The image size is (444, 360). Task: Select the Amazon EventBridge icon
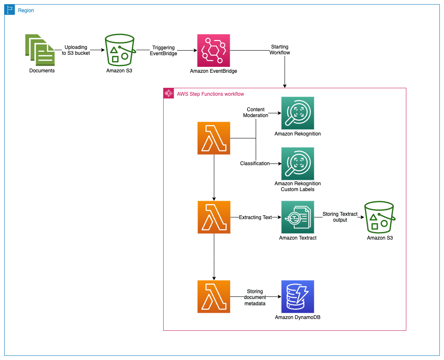[x=213, y=50]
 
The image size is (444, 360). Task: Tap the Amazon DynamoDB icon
[x=298, y=296]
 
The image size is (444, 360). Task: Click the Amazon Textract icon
[x=298, y=217]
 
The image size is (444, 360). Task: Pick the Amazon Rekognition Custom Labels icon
[x=298, y=163]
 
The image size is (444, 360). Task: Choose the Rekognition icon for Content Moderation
[x=298, y=113]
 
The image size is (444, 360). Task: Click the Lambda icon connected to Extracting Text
[x=214, y=217]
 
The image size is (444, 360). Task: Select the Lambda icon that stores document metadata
[x=214, y=296]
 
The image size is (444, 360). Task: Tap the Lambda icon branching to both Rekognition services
[x=214, y=138]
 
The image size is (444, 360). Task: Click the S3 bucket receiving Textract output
[x=380, y=217]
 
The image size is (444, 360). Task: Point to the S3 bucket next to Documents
[x=120, y=50]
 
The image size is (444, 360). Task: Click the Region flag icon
[x=10, y=10]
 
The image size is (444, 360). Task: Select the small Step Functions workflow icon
[x=169, y=93]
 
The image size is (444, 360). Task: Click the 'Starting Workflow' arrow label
[x=280, y=49]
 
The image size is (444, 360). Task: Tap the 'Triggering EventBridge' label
[x=163, y=50]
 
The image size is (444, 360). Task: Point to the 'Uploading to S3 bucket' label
[x=76, y=50]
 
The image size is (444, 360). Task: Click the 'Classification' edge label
[x=255, y=163]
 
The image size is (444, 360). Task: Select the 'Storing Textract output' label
[x=340, y=217]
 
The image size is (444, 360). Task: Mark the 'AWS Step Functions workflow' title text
[x=210, y=94]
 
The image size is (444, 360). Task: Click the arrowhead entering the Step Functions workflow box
[x=285, y=86]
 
